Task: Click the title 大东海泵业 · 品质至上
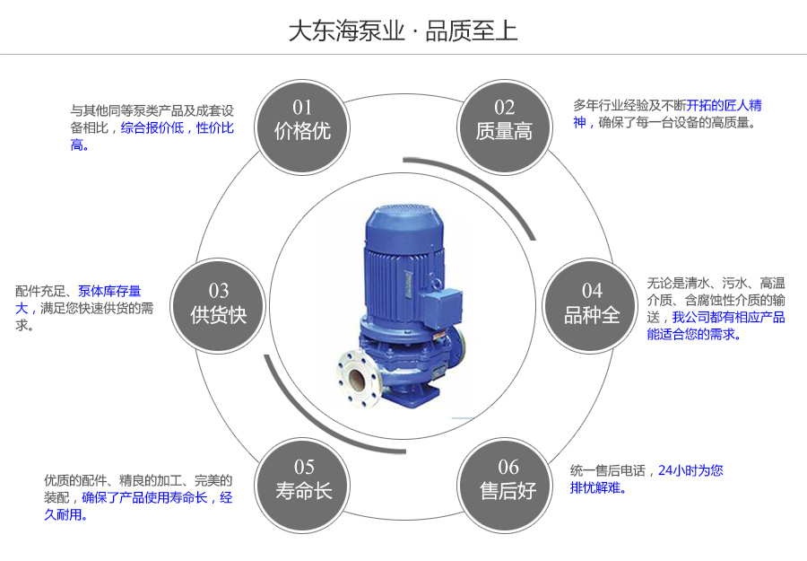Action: tap(403, 31)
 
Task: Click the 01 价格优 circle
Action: tap(302, 120)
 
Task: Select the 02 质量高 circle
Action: tap(504, 120)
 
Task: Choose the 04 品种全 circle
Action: tap(591, 303)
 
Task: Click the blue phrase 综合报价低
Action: tap(152, 127)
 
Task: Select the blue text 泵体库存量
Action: tap(109, 291)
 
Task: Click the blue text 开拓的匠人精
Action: tap(725, 105)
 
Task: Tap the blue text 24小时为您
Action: tap(690, 470)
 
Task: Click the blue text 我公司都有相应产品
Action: tap(728, 317)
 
